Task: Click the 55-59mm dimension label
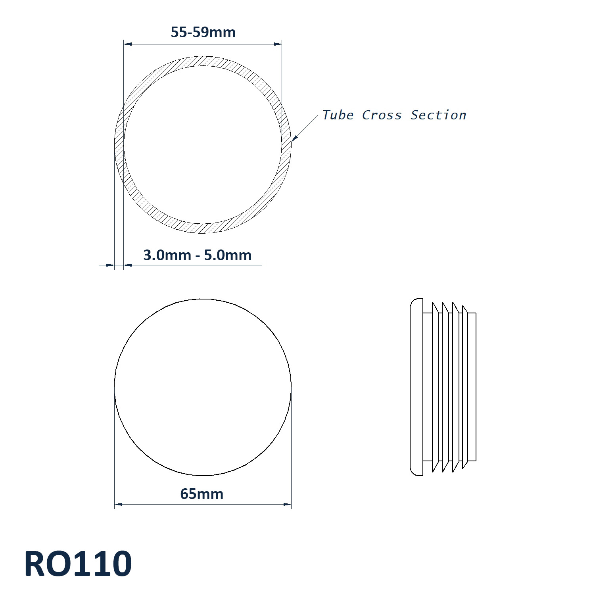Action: click(203, 32)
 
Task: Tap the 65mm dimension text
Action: click(202, 494)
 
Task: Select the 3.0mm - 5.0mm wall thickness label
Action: click(197, 255)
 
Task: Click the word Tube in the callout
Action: click(338, 115)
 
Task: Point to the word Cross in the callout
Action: click(382, 115)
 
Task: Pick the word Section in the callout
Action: click(438, 115)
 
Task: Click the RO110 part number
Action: click(78, 564)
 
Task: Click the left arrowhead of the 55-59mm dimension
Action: click(127, 44)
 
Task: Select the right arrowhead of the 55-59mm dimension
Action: click(278, 44)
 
